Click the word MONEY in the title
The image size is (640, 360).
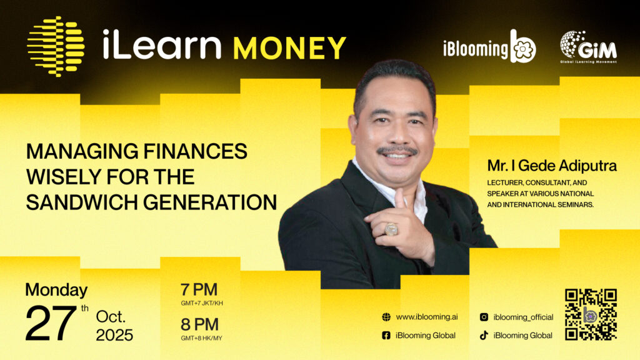tap(289, 48)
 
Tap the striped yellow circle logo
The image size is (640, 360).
tap(56, 46)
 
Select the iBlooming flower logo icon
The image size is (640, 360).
tap(523, 46)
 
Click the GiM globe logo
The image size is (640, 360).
tap(588, 47)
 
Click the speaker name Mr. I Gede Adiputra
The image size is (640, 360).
tap(552, 166)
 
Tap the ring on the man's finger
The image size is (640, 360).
tap(391, 229)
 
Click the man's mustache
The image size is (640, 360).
tap(397, 150)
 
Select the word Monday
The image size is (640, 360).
tap(56, 290)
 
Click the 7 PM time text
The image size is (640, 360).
tap(199, 289)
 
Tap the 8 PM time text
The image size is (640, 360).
tap(199, 324)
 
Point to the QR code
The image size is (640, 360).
tap(591, 315)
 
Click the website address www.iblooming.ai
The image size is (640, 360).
tap(426, 317)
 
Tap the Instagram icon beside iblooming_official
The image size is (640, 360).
tap(484, 317)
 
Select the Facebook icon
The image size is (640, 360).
tap(386, 336)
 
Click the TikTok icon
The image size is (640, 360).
tap(484, 336)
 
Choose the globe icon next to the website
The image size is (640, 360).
tap(386, 317)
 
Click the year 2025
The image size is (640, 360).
tap(114, 335)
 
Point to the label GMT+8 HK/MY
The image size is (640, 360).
tap(202, 338)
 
